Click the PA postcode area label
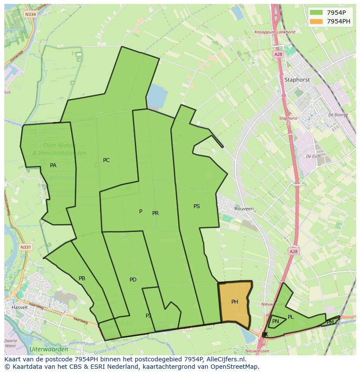[53, 165]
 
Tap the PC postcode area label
[106, 160]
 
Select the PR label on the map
[155, 213]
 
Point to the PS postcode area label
[197, 206]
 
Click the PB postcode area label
[82, 278]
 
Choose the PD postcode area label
[133, 280]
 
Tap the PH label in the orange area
[234, 302]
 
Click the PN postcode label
[275, 321]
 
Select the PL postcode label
[290, 317]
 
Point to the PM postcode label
[330, 322]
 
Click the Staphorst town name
[297, 80]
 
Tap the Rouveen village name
[244, 209]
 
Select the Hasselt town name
[20, 307]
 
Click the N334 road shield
[30, 14]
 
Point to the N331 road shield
[26, 247]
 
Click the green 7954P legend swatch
[316, 12]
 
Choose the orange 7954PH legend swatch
[316, 21]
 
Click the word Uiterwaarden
[49, 349]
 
